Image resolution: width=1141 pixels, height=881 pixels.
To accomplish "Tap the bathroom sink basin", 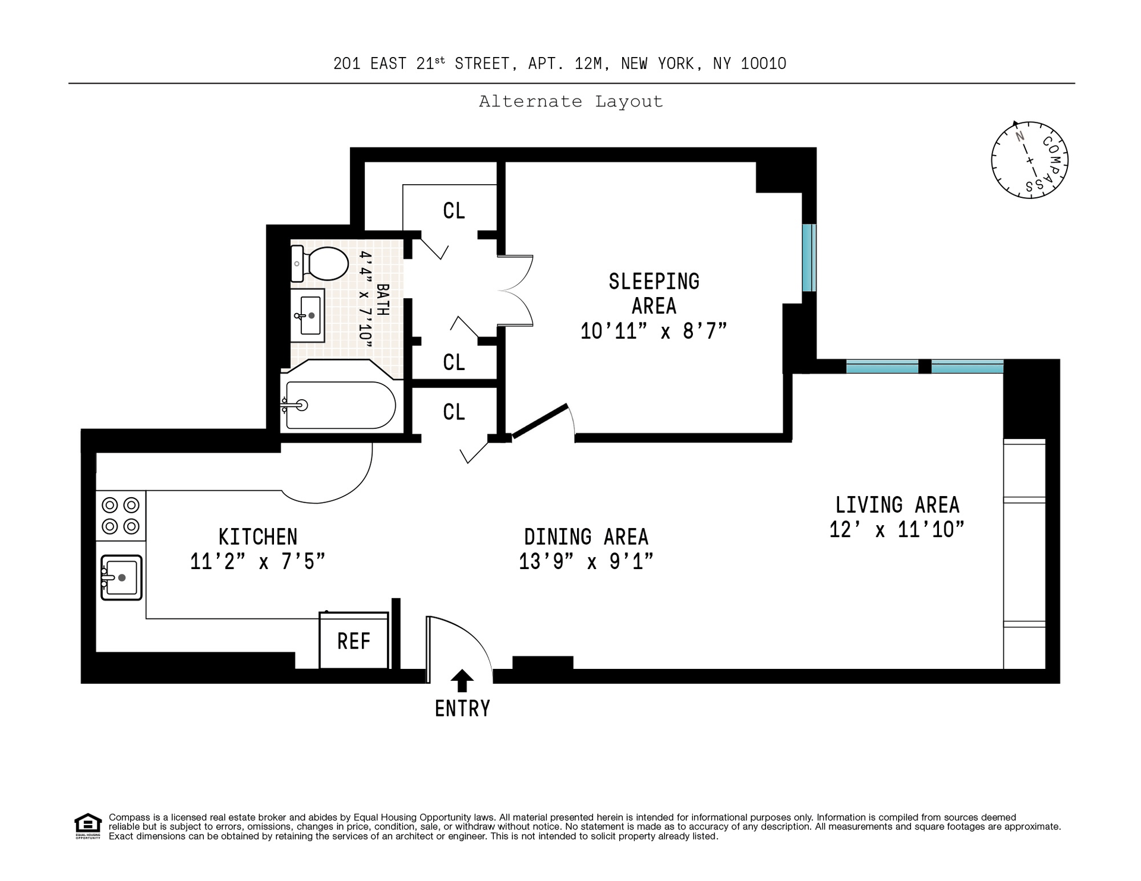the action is point(309,315).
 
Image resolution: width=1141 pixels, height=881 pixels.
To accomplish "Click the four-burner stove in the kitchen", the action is point(121,516).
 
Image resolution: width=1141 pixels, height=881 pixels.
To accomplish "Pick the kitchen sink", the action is point(121,577).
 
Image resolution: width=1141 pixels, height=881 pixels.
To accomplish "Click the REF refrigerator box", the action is point(354,640).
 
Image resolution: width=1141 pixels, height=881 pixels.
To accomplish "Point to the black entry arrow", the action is point(462,681).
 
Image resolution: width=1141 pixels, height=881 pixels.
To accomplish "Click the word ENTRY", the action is point(462,709).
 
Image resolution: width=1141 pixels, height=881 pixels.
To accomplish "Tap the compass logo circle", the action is point(1030,160).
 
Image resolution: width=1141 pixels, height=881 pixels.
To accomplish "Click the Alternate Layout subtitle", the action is point(570,102).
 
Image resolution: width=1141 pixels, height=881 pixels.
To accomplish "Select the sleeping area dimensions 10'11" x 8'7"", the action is point(654,331).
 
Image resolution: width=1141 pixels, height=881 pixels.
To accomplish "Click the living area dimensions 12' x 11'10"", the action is point(897,529).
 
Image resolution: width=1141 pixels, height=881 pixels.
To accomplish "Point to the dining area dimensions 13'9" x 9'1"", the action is point(586,561).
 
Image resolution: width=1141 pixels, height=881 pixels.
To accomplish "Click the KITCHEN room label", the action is point(258,537).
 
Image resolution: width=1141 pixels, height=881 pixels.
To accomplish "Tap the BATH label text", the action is point(383,300).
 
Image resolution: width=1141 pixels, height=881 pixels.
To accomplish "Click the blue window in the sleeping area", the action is point(809,258).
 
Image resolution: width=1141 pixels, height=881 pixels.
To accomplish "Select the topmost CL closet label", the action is point(454,211).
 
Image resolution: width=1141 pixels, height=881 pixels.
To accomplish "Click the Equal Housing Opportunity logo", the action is point(88,826).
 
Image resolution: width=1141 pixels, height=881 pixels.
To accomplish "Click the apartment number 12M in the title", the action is point(589,64).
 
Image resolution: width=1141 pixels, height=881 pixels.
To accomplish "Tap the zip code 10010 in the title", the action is point(764,64).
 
